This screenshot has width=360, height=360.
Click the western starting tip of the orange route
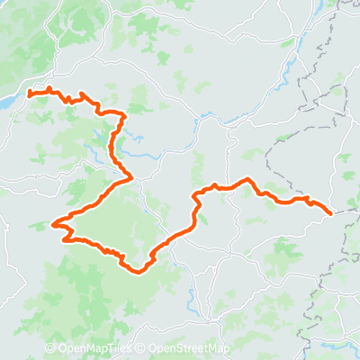click(x=30, y=92)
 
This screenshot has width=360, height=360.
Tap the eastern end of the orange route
click(x=331, y=213)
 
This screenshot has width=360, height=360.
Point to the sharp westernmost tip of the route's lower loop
click(x=54, y=224)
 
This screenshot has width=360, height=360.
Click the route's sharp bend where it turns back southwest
click(x=131, y=176)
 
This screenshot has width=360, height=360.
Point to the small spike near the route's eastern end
click(x=307, y=197)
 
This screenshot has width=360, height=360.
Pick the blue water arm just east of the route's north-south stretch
click(x=135, y=137)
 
